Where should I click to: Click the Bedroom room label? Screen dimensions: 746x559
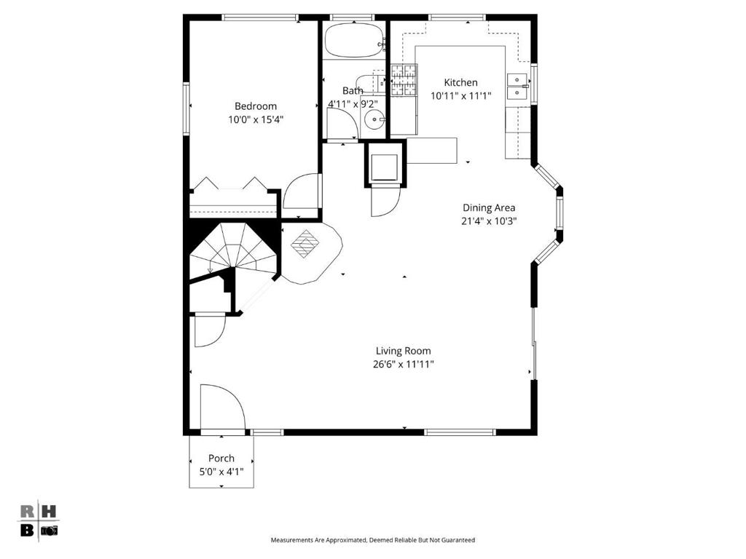pos(256,106)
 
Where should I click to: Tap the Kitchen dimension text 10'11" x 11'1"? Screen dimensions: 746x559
pos(460,95)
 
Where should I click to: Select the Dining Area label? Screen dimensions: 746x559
pos(489,207)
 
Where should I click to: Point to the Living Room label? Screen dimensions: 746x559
pos(404,351)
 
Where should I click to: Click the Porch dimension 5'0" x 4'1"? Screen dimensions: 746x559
pos(221,472)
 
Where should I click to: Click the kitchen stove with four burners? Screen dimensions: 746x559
pos(404,80)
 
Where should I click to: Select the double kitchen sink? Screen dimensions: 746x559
pos(518,87)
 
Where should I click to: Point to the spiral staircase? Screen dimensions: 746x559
pos(233,252)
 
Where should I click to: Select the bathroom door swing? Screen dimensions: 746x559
pos(342,123)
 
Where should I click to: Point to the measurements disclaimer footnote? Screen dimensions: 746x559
pos(372,540)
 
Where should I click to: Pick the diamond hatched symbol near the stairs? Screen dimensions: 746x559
pos(305,244)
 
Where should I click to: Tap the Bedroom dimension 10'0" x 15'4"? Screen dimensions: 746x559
pos(256,119)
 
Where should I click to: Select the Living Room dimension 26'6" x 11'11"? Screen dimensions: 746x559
pos(404,365)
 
